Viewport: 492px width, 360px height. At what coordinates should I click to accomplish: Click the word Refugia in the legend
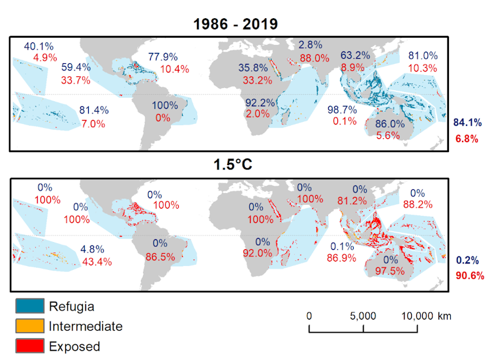[71, 305]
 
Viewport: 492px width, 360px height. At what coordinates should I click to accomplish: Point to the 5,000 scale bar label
[363, 316]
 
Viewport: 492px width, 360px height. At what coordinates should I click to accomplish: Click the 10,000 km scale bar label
[426, 316]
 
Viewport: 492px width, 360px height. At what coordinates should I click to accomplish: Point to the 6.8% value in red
[467, 138]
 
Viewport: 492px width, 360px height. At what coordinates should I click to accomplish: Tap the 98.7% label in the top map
[342, 110]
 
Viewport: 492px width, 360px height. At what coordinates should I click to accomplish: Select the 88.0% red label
[313, 57]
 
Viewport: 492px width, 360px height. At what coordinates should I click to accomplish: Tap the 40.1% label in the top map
[38, 46]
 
